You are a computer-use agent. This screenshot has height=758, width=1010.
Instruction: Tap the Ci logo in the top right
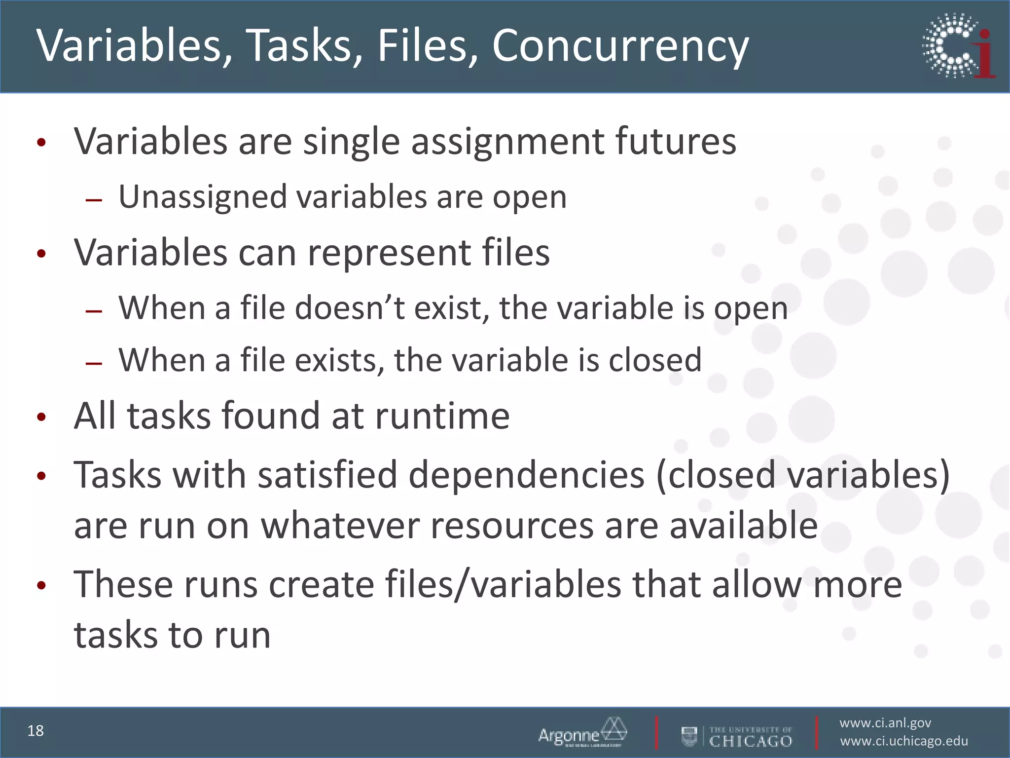pos(958,46)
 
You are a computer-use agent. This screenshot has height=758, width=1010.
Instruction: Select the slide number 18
pos(36,731)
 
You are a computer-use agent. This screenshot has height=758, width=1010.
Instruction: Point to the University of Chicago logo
pos(737,736)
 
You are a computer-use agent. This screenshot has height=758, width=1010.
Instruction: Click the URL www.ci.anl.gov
pos(885,723)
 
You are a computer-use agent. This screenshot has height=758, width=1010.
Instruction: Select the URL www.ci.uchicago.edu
pos(904,741)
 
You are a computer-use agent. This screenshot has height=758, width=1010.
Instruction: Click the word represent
pos(389,253)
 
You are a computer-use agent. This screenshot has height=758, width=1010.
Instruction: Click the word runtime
pos(442,416)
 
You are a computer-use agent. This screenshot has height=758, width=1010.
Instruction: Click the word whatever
pos(340,526)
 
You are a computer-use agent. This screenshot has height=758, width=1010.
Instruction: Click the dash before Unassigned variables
pos(93,200)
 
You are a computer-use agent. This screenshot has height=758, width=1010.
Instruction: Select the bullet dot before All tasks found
pos(41,417)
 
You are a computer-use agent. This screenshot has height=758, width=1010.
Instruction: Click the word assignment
pos(507,142)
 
